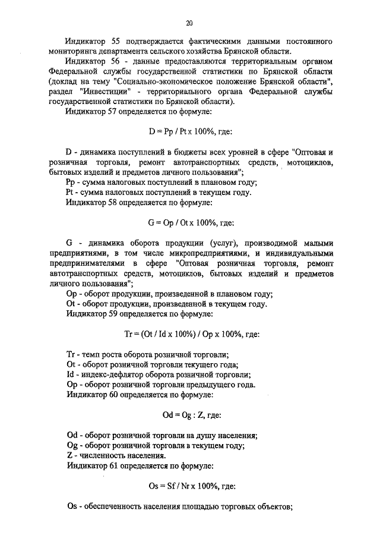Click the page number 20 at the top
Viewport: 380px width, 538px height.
[x=189, y=23]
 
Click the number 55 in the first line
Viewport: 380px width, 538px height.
[x=115, y=42]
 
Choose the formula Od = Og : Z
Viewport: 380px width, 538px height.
[x=190, y=416]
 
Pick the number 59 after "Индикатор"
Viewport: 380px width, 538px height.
[x=115, y=314]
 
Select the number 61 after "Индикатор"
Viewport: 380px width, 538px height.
[x=115, y=466]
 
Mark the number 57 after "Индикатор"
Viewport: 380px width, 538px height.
[x=115, y=111]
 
